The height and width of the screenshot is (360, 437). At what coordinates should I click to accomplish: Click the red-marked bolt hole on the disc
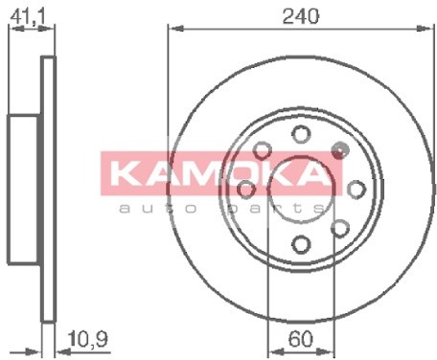click(x=338, y=148)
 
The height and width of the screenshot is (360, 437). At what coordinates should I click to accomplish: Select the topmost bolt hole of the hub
click(x=299, y=133)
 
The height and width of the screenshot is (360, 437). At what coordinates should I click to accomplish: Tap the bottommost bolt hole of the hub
click(x=299, y=242)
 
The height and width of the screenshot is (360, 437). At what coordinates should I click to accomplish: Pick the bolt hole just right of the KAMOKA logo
click(x=354, y=188)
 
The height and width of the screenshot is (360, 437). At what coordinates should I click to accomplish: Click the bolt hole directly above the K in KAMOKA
click(x=261, y=148)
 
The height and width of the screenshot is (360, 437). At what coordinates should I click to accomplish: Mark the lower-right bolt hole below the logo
click(x=338, y=226)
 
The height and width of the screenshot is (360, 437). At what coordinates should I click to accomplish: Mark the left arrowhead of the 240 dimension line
click(x=172, y=28)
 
